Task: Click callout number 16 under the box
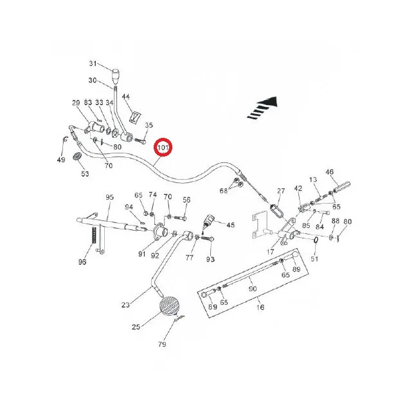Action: (260, 308)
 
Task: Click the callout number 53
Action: (84, 173)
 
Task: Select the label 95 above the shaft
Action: (109, 197)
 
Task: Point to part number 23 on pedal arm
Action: (125, 305)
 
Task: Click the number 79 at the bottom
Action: (162, 345)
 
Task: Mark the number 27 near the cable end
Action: (280, 191)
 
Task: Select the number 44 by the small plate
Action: (126, 97)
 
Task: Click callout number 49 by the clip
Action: (60, 160)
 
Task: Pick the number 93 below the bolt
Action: (210, 259)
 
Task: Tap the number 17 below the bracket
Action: (270, 251)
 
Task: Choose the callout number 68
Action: (224, 190)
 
